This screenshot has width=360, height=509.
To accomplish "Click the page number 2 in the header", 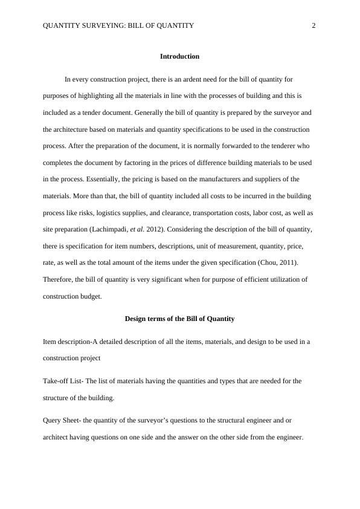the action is pyautogui.click(x=313, y=25).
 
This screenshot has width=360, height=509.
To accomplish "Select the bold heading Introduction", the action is pyautogui.click(x=179, y=56).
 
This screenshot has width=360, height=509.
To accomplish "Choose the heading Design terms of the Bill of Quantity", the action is pyautogui.click(x=179, y=319).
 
